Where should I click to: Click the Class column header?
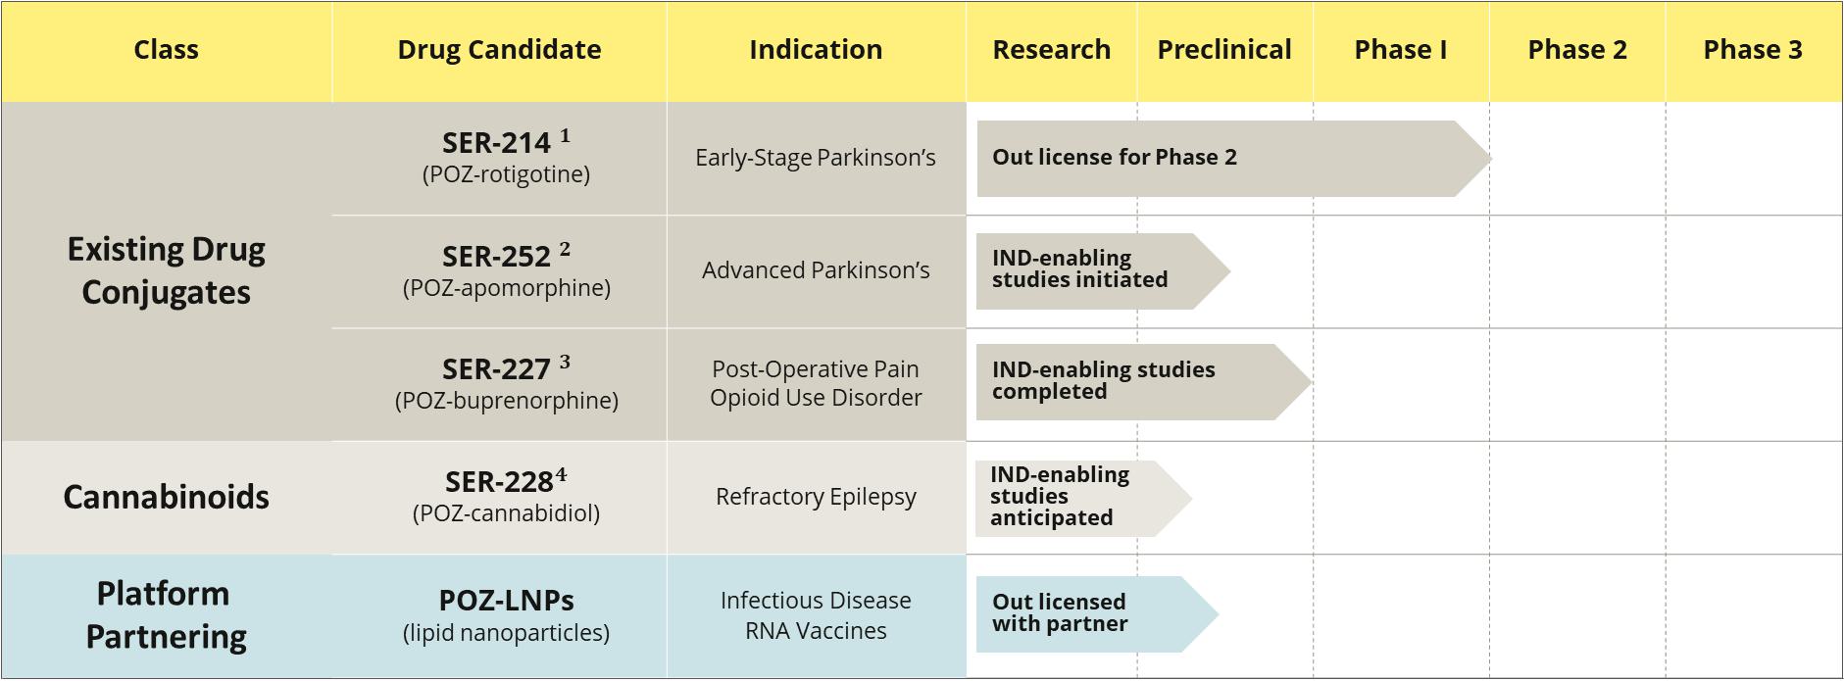point(166,50)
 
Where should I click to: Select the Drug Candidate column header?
point(499,50)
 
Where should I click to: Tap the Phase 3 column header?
point(1753,50)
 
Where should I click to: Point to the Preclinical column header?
point(1224,50)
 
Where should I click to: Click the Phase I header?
point(1400,50)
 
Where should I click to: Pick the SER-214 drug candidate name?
point(496,143)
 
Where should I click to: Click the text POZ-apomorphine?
point(507,288)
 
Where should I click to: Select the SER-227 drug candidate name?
point(496,369)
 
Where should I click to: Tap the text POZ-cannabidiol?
point(506,513)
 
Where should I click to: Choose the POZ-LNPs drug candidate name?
point(506,600)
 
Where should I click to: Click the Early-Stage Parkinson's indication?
point(816,158)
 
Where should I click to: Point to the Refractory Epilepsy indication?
point(816,497)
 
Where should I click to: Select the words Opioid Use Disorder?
point(816,398)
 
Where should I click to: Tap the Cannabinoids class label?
point(166,497)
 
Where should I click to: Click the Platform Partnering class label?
point(166,614)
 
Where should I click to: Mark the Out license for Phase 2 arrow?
point(1234,159)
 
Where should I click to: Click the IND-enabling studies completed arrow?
point(1144,382)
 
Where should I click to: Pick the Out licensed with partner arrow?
point(1097,614)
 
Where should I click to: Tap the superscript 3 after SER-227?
point(565,363)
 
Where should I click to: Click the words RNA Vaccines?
point(816,631)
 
